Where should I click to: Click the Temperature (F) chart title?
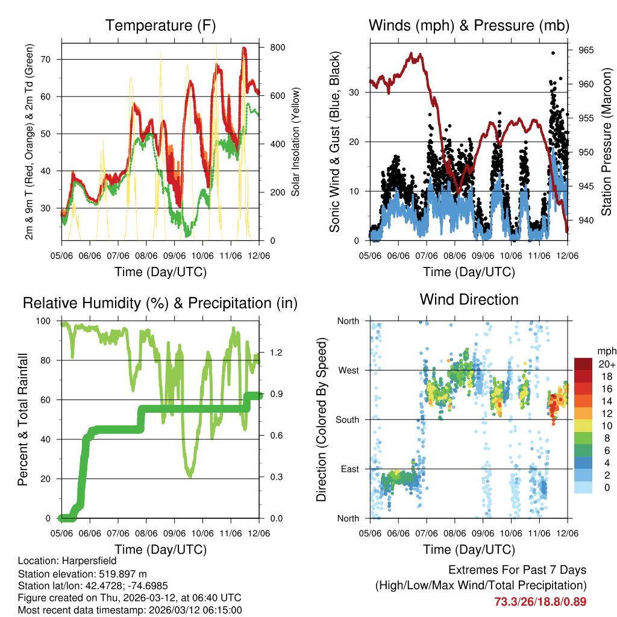tap(160, 25)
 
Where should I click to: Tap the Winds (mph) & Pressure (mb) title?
tap(469, 25)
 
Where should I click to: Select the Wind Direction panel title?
tap(469, 299)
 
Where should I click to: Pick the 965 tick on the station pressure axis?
tap(586, 50)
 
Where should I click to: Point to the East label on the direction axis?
tap(348, 469)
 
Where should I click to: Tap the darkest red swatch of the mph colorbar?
tap(583, 364)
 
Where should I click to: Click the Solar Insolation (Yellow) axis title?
tap(296, 142)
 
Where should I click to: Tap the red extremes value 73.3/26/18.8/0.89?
tap(540, 601)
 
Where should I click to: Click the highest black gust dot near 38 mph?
tap(553, 52)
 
